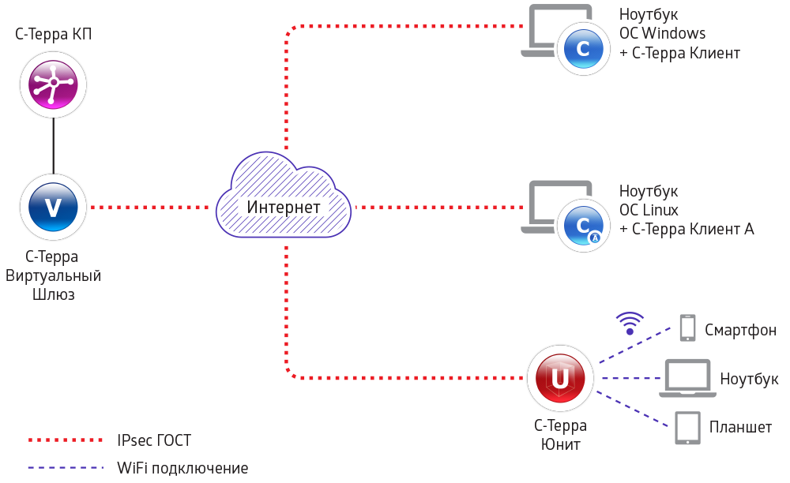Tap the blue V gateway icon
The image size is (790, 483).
click(x=53, y=208)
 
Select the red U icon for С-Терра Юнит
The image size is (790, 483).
click(x=560, y=378)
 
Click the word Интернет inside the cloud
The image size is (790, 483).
click(x=284, y=208)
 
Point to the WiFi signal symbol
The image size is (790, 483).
click(x=630, y=324)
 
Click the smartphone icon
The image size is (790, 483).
click(x=687, y=328)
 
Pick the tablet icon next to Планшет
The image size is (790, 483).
click(x=687, y=428)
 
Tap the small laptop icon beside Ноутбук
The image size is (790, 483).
click(x=689, y=378)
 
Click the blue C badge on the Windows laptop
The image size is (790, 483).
click(x=584, y=49)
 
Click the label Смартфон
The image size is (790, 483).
click(x=740, y=330)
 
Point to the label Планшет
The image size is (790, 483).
click(x=740, y=428)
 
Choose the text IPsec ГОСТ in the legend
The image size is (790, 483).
click(x=154, y=440)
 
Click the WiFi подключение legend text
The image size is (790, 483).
click(x=182, y=468)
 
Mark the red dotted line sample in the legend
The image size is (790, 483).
click(x=66, y=440)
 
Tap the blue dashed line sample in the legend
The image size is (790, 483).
click(x=66, y=468)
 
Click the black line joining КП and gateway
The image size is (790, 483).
click(x=53, y=145)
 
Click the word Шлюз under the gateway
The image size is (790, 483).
click(x=53, y=295)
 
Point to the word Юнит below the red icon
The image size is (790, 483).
click(x=560, y=444)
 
